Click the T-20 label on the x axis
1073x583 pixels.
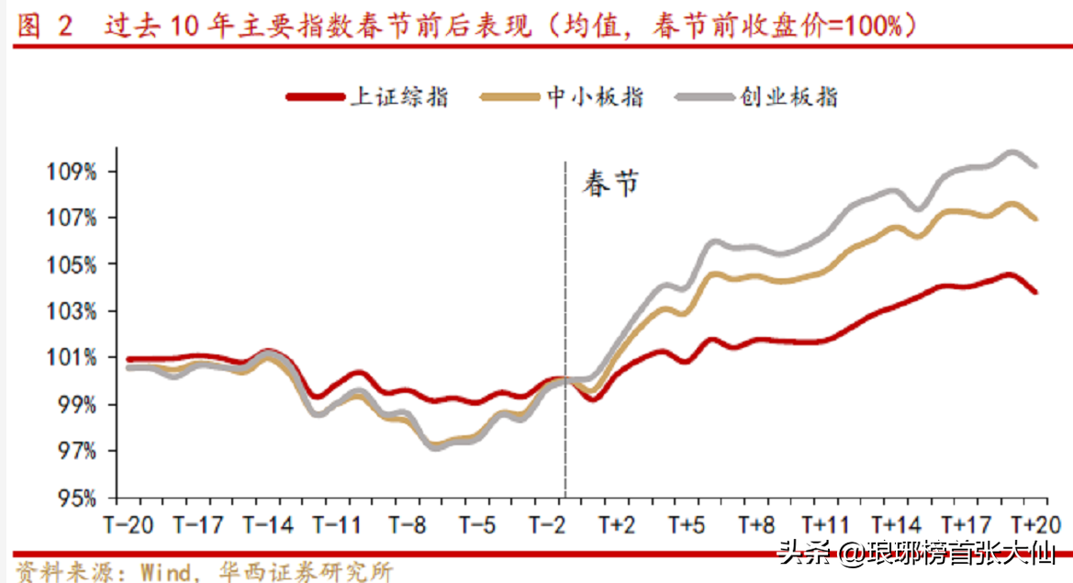click(128, 525)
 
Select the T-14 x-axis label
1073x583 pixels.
click(268, 525)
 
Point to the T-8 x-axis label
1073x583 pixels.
click(407, 525)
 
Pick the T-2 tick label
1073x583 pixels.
click(547, 525)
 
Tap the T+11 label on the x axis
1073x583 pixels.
click(824, 525)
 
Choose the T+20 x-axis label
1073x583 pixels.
click(1034, 525)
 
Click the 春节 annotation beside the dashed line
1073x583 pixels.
click(609, 185)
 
